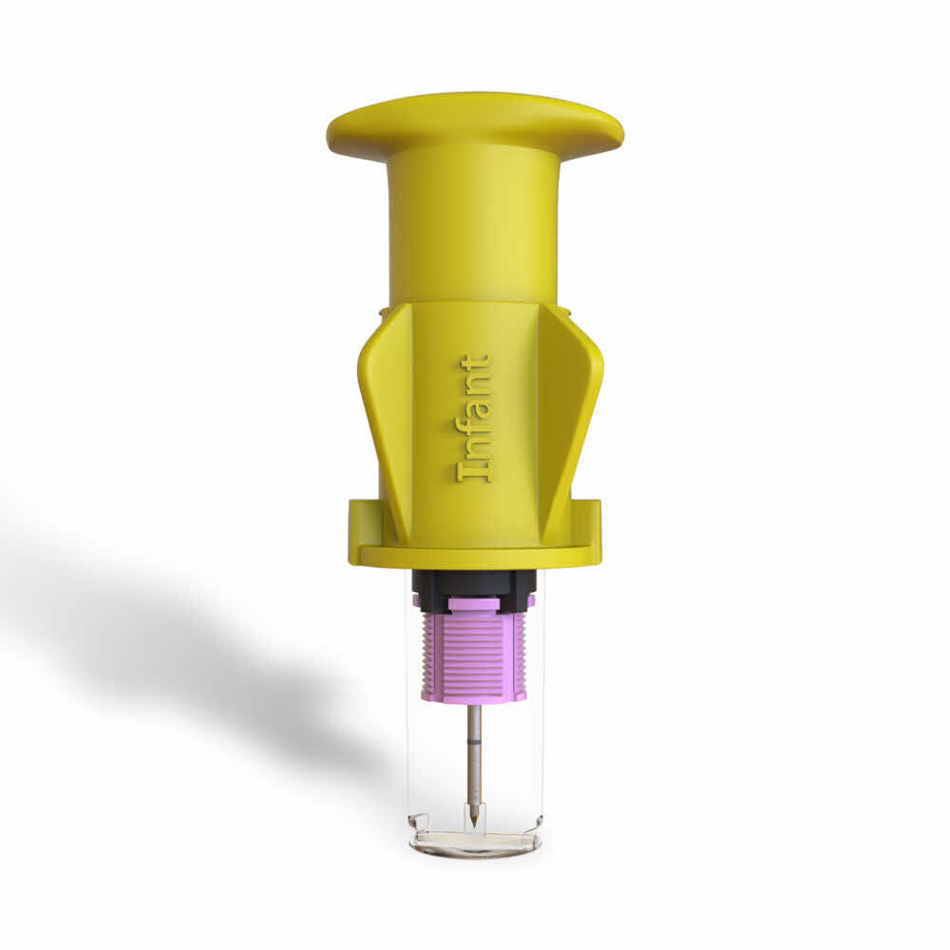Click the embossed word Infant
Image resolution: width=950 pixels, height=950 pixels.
coord(474,418)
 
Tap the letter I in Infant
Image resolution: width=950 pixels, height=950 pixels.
coord(474,470)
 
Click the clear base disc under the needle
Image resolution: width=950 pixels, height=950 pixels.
coord(474,842)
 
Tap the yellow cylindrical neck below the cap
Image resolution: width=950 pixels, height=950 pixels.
coord(474,228)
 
